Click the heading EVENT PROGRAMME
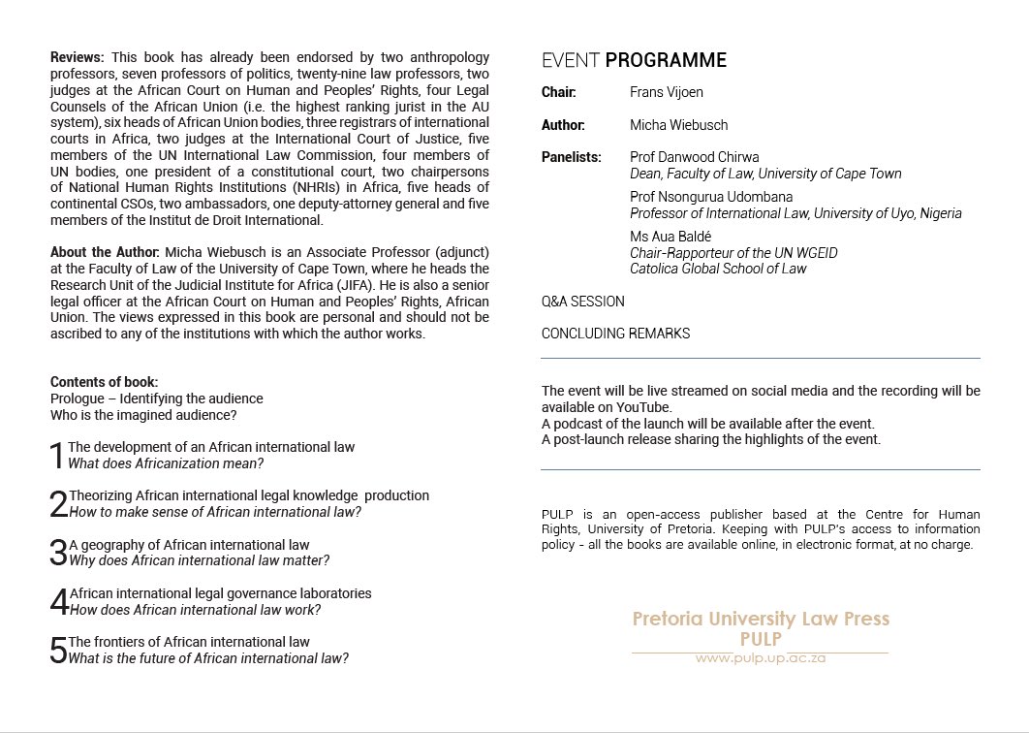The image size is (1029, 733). pyautogui.click(x=634, y=61)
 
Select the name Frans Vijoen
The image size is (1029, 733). pyautogui.click(x=668, y=93)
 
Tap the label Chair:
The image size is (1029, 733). pyautogui.click(x=559, y=93)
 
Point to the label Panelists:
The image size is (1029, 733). pyautogui.click(x=571, y=157)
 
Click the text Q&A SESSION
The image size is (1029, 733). pyautogui.click(x=582, y=302)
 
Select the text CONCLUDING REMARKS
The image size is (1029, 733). pyautogui.click(x=615, y=334)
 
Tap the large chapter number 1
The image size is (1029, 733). pyautogui.click(x=57, y=456)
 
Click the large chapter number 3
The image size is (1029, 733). pyautogui.click(x=57, y=553)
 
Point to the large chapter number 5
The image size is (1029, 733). pyautogui.click(x=58, y=650)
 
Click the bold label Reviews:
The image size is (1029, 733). pyautogui.click(x=77, y=58)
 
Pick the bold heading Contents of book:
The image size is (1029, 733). pyautogui.click(x=104, y=382)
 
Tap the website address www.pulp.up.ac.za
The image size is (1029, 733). pyautogui.click(x=760, y=658)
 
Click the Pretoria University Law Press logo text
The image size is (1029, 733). pyautogui.click(x=760, y=619)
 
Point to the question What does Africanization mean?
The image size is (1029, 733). pyautogui.click(x=166, y=463)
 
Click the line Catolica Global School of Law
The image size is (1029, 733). pyautogui.click(x=717, y=269)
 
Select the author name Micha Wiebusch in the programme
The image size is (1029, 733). pyautogui.click(x=678, y=125)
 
